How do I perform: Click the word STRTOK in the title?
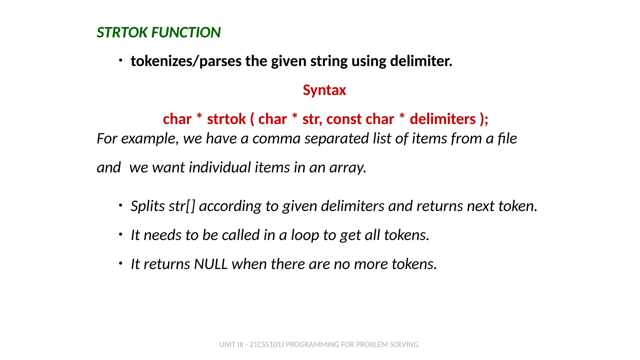click(x=122, y=32)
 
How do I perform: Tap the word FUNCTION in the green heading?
click(x=186, y=32)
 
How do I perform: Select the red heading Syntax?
click(x=324, y=90)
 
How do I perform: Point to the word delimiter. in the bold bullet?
click(x=421, y=61)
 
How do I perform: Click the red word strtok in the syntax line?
click(x=226, y=119)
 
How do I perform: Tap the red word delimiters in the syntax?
click(x=442, y=119)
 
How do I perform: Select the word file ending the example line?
click(x=507, y=138)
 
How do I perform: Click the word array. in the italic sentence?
click(x=348, y=167)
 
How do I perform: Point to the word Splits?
click(x=148, y=206)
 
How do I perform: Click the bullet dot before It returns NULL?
click(x=121, y=263)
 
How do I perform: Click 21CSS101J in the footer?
click(x=267, y=345)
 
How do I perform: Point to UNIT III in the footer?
click(x=231, y=345)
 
